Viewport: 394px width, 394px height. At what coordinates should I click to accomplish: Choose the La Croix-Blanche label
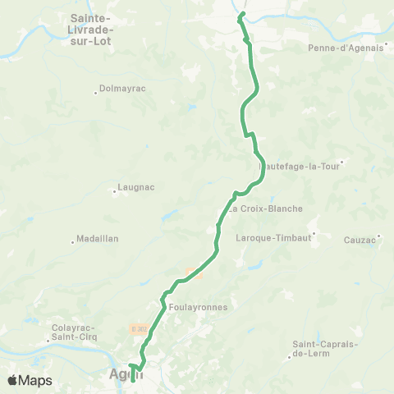266,208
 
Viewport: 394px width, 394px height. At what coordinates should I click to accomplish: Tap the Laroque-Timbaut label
270,239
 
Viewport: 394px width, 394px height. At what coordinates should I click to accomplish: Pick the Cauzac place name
359,240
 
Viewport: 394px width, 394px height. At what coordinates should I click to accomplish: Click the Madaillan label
97,239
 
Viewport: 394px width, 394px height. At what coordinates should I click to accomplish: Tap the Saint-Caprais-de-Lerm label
323,349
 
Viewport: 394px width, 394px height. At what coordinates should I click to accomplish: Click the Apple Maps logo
30,380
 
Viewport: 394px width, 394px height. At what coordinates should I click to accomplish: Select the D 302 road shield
136,328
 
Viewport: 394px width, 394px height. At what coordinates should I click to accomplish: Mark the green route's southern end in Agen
134,381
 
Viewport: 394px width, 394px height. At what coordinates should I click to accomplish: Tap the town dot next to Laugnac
114,194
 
